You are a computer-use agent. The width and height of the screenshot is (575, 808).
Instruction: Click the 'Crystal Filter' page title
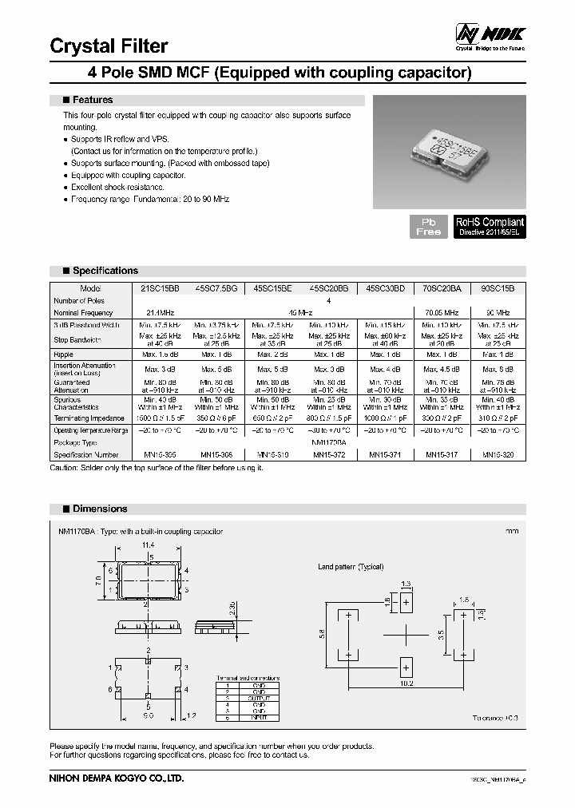click(x=109, y=46)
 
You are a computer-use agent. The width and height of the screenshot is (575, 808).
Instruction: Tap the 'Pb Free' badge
click(x=429, y=226)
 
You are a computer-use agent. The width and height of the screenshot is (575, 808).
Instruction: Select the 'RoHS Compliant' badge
click(x=490, y=226)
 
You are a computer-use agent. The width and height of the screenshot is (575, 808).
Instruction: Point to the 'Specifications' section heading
click(x=105, y=271)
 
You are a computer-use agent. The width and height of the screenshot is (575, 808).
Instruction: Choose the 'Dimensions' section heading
click(x=99, y=509)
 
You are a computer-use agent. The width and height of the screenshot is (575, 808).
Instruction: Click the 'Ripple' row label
click(x=64, y=354)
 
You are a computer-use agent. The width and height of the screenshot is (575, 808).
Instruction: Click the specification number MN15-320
click(x=498, y=454)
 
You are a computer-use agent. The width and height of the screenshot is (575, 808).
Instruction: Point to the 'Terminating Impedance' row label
click(x=88, y=418)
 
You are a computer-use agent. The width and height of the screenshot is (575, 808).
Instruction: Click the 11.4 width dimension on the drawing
click(x=148, y=545)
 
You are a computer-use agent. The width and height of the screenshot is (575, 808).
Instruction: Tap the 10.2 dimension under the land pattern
click(x=406, y=683)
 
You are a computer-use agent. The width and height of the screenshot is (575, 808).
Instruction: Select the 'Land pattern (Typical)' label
click(x=351, y=567)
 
